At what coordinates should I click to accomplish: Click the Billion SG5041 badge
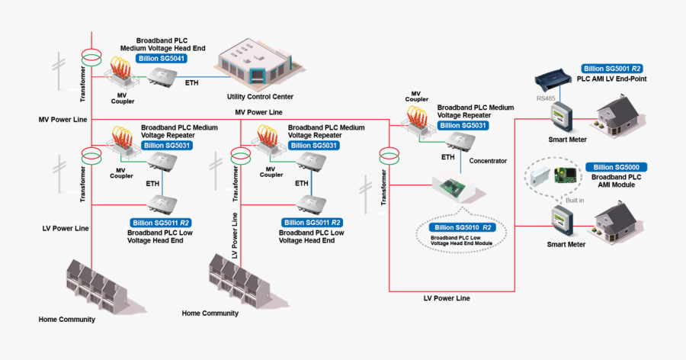[162, 58]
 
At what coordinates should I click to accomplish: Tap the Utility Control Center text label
[260, 97]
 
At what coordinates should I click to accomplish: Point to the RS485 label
[545, 98]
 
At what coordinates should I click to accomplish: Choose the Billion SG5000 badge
[617, 167]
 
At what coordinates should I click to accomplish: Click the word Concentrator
[488, 161]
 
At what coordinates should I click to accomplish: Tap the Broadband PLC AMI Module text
[617, 181]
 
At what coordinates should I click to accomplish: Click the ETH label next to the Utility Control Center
[191, 82]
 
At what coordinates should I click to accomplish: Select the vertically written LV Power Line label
[234, 237]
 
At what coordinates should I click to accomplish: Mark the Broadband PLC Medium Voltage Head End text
[162, 43]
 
